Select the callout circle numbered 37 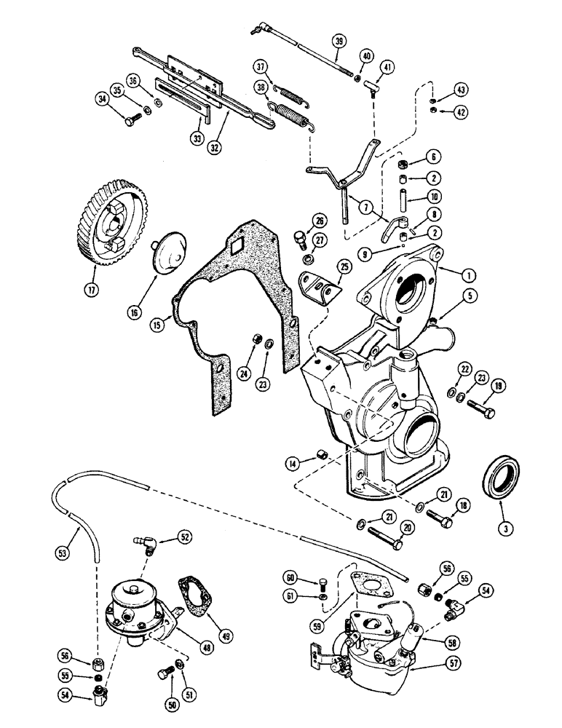pos(261,67)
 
